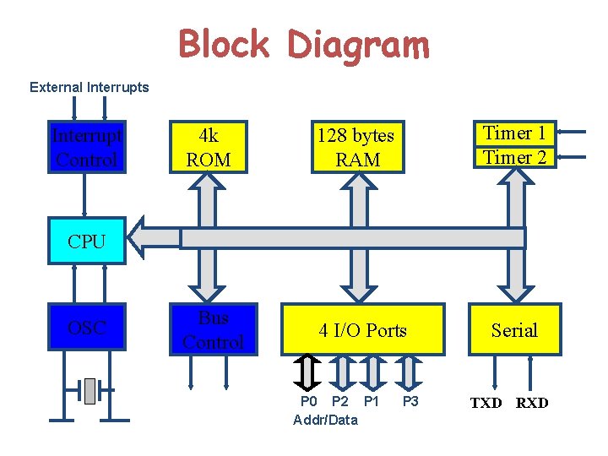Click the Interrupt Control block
click(86, 148)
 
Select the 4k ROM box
click(209, 148)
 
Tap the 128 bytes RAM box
click(356, 148)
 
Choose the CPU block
click(87, 242)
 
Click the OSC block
click(86, 327)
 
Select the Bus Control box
click(213, 330)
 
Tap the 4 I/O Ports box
click(362, 330)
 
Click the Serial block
click(514, 330)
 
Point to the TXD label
click(486, 403)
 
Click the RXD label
click(532, 403)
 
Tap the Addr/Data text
click(325, 420)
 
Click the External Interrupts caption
click(89, 87)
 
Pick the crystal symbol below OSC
click(90, 390)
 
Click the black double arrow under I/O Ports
click(309, 371)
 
